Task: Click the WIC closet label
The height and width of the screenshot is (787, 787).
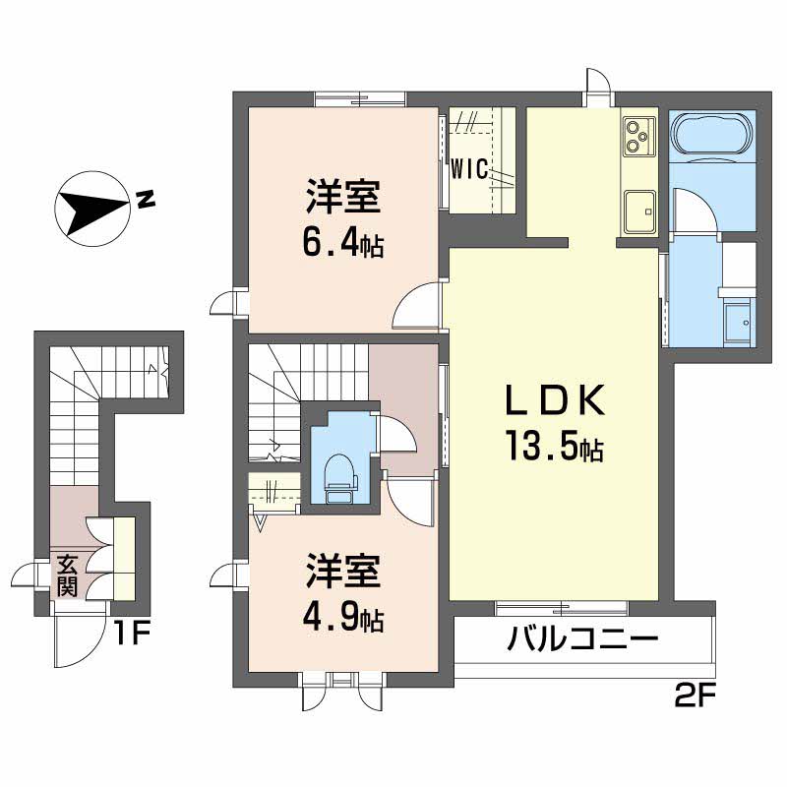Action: point(468,168)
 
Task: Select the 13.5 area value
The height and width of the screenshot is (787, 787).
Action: point(535,450)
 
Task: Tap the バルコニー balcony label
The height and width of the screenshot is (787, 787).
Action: point(581,641)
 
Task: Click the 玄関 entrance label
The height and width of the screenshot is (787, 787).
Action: point(67,576)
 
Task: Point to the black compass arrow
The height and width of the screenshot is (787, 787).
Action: point(93,210)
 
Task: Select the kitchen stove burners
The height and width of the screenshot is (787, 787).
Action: point(637,136)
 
